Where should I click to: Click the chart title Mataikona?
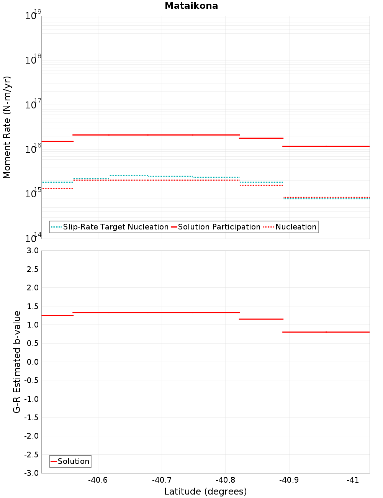point(191,6)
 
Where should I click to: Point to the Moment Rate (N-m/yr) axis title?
point(7,127)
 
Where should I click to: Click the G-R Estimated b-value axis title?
point(17,362)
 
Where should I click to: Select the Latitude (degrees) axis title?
point(205,491)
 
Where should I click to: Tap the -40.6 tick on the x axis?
point(98,480)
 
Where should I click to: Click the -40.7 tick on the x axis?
point(161,480)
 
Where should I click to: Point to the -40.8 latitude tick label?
point(225,480)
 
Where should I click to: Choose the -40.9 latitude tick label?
point(288,480)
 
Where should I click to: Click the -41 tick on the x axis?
point(352,480)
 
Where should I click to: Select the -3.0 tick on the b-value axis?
point(31,473)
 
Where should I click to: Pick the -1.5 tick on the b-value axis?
point(31,418)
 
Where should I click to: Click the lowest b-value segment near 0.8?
point(326,332)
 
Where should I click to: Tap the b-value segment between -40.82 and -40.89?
point(261,319)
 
